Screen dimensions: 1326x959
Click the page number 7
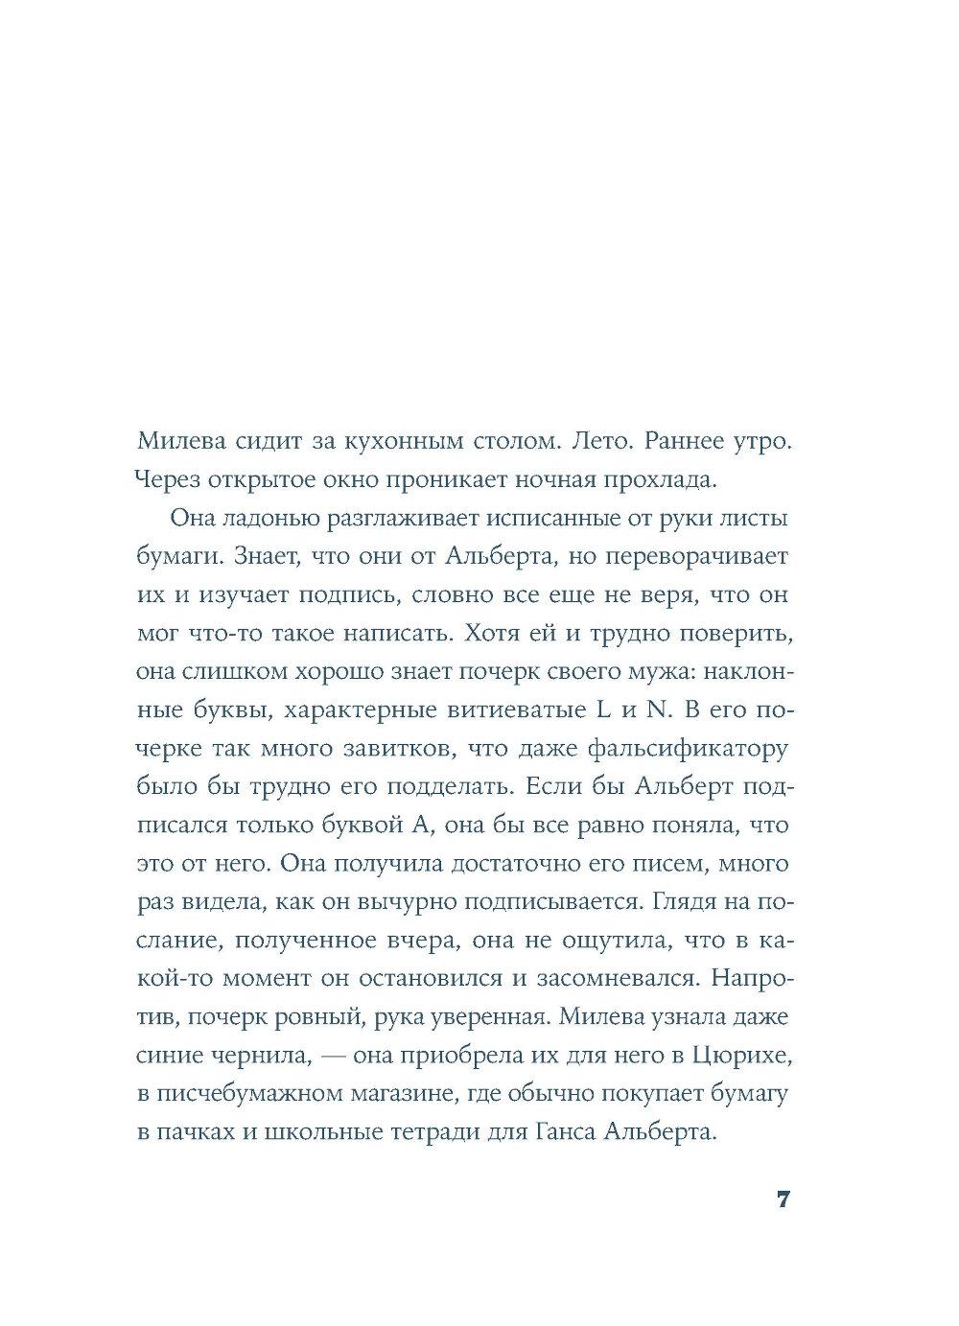point(783,1199)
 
